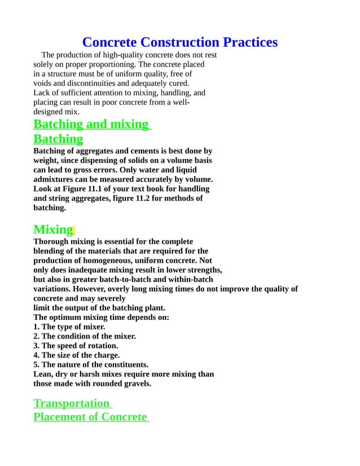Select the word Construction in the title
pos(180,42)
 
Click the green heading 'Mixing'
pos(53,230)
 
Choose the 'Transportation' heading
pos(72,403)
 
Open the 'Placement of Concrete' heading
pos(90,417)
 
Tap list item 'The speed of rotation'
pos(76,346)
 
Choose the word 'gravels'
pos(137,384)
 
